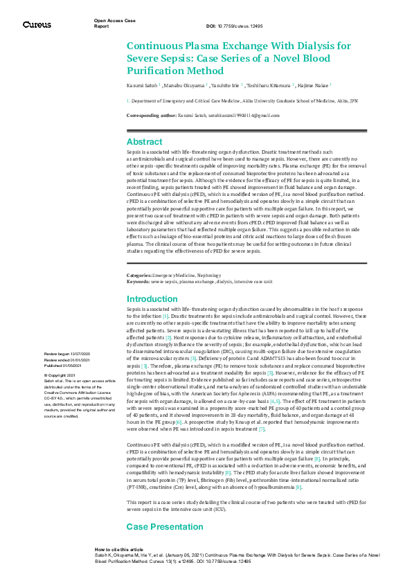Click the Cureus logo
pos(37,25)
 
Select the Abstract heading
pos(144,141)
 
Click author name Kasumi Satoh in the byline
pos(141,86)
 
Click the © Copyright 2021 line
pos(60,375)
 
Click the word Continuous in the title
pos(160,46)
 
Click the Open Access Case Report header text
pos(114,23)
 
